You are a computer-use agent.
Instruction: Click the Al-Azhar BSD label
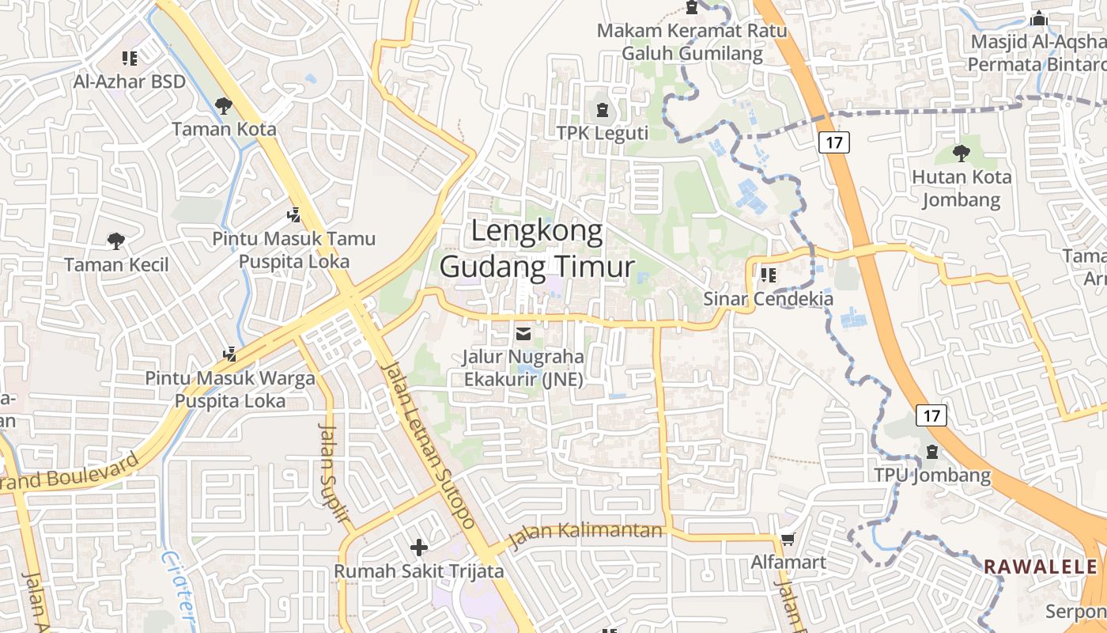coord(130,81)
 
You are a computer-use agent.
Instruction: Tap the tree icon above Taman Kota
coord(224,105)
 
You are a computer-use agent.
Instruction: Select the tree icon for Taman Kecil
coord(116,241)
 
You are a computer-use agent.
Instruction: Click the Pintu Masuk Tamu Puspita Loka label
coord(293,249)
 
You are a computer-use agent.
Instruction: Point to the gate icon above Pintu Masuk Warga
coord(230,354)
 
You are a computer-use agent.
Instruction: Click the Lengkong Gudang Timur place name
coord(537,249)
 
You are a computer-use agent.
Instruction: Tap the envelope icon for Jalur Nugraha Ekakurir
coord(523,334)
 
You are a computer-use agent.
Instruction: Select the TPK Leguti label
coord(603,133)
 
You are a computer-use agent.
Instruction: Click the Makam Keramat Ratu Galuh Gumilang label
coord(692,42)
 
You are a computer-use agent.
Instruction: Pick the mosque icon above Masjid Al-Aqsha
coord(1039,17)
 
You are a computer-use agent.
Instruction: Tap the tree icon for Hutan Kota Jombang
coord(962,153)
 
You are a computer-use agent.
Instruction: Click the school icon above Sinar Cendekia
coord(768,275)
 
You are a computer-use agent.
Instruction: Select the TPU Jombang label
coord(932,476)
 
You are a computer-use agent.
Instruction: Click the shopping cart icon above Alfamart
coord(788,540)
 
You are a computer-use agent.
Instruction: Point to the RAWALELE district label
coord(1041,567)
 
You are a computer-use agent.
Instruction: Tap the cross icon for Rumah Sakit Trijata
coord(419,547)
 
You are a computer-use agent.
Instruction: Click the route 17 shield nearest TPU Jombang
coord(931,415)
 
